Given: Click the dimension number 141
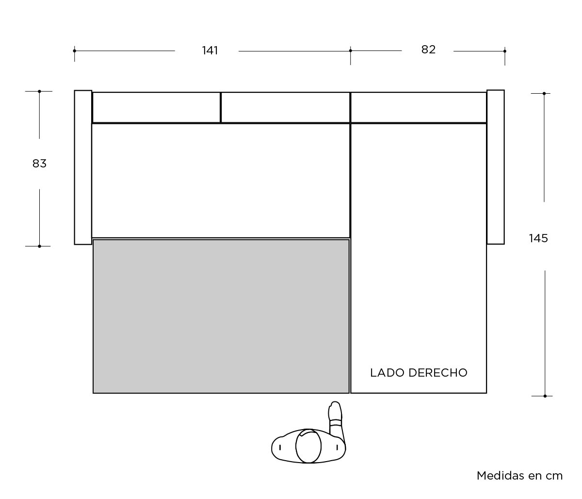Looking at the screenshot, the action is click(x=210, y=50).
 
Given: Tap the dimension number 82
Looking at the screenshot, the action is click(x=428, y=50).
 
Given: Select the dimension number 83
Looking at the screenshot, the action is click(x=39, y=164).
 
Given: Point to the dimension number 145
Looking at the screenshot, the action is click(x=538, y=238).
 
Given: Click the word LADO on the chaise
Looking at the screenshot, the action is click(x=388, y=373).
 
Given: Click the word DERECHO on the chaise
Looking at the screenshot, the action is click(x=438, y=373).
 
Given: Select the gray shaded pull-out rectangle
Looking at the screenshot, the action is click(x=221, y=316).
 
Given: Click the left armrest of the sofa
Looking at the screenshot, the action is click(x=83, y=167).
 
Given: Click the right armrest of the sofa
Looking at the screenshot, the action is click(x=496, y=167).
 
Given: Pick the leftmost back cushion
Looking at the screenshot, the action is click(x=157, y=108).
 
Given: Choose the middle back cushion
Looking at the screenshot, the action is click(x=286, y=108).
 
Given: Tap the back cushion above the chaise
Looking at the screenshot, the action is click(x=419, y=108).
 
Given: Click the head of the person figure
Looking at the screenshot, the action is click(x=308, y=446).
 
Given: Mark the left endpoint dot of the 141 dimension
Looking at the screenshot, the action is click(x=74, y=51).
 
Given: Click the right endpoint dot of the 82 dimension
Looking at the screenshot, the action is click(x=504, y=51).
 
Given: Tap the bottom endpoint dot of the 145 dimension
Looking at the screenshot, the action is click(x=545, y=396).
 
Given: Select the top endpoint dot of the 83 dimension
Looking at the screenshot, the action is click(x=39, y=91).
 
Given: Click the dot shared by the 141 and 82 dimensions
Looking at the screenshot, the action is click(x=350, y=50).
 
